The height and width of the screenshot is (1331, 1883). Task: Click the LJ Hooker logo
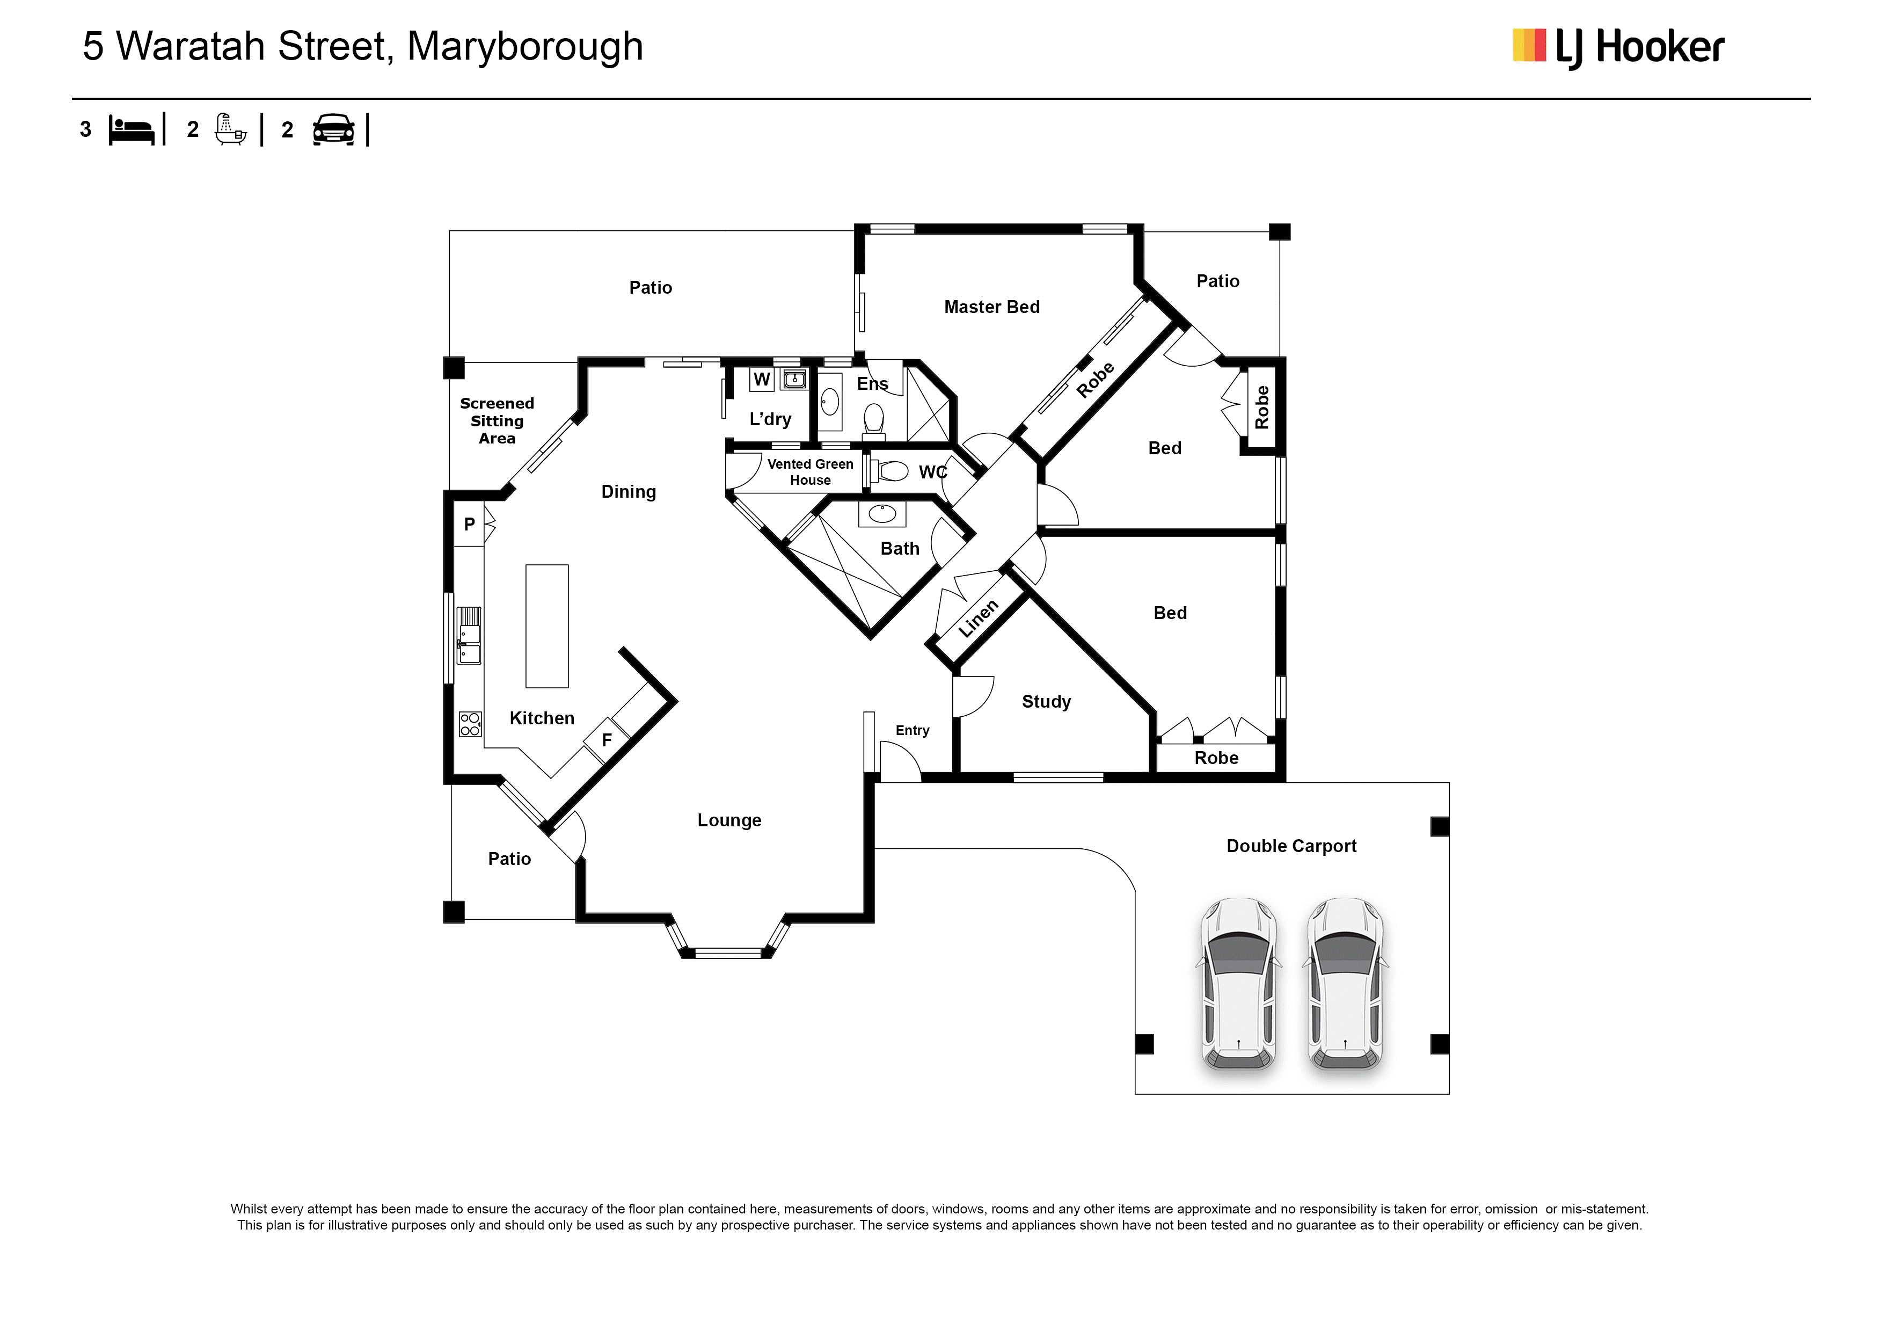pyautogui.click(x=1617, y=48)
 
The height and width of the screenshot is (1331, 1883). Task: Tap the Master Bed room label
pyautogui.click(x=991, y=307)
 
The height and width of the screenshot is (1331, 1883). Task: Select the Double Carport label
pyautogui.click(x=1291, y=846)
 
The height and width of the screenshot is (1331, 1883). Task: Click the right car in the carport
pyautogui.click(x=1345, y=984)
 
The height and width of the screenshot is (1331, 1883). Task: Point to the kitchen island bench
pyautogui.click(x=547, y=626)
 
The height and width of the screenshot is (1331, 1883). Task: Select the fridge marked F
pyautogui.click(x=606, y=740)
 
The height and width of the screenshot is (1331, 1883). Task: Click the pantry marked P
pyautogui.click(x=469, y=524)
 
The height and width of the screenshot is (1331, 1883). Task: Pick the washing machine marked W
pyautogui.click(x=762, y=379)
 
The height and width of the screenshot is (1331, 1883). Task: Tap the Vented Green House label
pyautogui.click(x=811, y=472)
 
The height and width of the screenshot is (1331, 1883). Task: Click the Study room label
pyautogui.click(x=1047, y=702)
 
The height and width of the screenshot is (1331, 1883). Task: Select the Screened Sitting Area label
pyautogui.click(x=497, y=421)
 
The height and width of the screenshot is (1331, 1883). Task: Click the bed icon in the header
pyautogui.click(x=131, y=130)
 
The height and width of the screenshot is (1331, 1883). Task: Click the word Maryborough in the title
pyautogui.click(x=525, y=48)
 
